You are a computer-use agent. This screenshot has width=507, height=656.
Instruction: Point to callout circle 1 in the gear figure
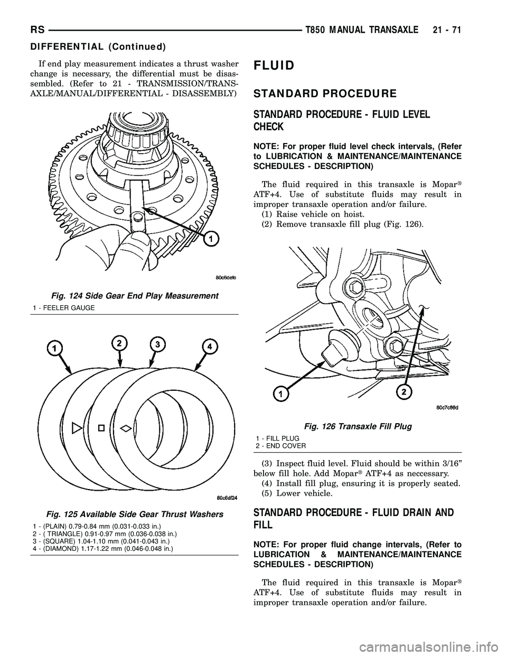(x=211, y=240)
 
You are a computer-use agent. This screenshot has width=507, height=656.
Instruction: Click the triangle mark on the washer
(x=76, y=425)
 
